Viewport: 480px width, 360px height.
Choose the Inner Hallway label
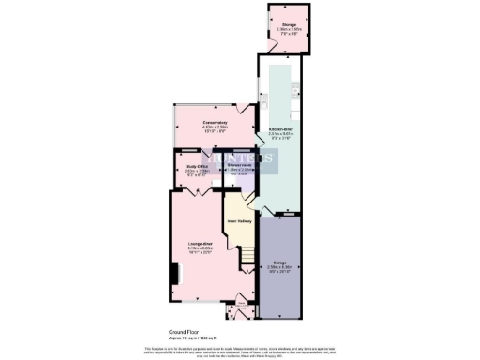tap(238, 221)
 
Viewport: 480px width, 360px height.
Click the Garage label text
tap(279, 262)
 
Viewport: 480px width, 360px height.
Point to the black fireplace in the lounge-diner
tap(173, 273)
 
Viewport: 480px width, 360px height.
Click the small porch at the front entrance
tap(241, 304)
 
